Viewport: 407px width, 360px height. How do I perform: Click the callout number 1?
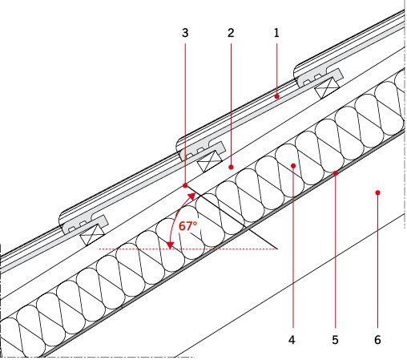276,33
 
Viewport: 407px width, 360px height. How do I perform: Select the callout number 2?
231,33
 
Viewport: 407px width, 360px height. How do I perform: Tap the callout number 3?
185,33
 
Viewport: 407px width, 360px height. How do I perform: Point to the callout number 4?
292,340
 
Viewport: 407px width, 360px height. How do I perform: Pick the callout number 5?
335,340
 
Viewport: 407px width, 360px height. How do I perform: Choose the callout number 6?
377,340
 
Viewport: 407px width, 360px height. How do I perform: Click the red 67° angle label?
187,226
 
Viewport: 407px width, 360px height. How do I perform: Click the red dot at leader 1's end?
277,96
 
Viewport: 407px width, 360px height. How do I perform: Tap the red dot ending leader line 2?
231,167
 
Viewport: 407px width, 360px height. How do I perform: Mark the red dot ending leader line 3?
185,185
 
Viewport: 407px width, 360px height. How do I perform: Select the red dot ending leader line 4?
293,166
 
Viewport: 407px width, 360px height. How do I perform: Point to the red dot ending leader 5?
336,173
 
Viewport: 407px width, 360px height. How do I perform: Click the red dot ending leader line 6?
377,192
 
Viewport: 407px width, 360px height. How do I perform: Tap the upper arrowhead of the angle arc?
191,196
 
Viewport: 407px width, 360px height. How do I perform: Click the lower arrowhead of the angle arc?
170,245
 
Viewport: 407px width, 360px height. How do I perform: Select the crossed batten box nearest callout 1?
327,88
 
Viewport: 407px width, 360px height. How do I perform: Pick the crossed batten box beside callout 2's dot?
210,161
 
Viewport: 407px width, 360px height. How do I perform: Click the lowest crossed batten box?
92,235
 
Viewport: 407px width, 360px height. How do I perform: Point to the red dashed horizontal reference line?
188,249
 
